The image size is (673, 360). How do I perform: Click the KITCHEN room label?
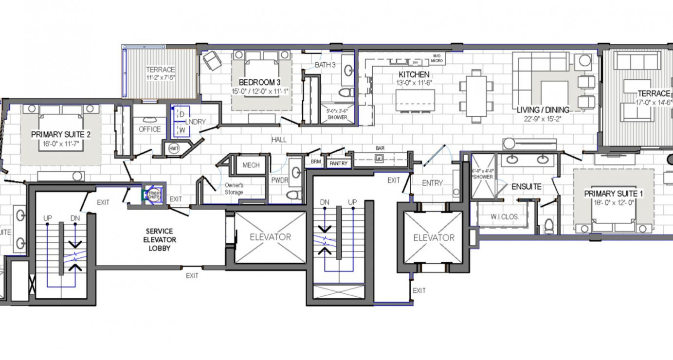414,74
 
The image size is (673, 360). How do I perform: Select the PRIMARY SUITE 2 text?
61,134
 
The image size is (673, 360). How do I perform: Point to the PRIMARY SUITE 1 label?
614,194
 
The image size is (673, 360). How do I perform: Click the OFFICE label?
149,129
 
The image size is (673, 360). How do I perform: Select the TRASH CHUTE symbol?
154,194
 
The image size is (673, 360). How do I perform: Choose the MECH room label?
251,165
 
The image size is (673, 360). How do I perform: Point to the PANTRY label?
338,163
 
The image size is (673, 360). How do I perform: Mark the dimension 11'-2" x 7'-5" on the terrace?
161,77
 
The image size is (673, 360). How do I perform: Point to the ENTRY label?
432,183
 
